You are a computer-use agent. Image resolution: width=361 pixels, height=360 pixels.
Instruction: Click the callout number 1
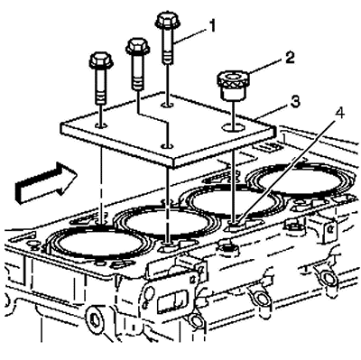click(212, 26)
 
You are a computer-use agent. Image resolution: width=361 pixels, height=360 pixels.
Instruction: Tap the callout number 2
click(289, 58)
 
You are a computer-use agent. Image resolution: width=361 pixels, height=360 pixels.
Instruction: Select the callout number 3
click(295, 102)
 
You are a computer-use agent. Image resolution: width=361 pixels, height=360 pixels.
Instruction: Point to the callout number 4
click(340, 113)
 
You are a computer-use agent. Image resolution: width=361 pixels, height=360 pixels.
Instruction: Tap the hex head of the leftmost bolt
click(101, 60)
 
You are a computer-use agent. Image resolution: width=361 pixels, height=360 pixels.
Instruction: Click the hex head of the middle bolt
click(138, 45)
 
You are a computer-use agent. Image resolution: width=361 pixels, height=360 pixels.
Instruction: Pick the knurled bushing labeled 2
click(232, 85)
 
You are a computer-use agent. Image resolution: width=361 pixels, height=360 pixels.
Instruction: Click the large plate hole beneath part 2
click(233, 127)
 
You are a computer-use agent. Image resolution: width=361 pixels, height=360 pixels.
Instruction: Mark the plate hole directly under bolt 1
click(167, 105)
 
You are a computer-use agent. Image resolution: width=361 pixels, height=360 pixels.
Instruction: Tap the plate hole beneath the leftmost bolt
click(101, 125)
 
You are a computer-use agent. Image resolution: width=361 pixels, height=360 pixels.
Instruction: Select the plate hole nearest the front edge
click(167, 146)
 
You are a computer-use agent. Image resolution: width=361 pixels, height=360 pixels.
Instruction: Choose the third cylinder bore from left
click(233, 200)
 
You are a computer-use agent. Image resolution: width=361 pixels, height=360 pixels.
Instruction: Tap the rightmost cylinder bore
click(299, 180)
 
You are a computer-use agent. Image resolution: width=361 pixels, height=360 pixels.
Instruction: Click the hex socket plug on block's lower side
click(94, 318)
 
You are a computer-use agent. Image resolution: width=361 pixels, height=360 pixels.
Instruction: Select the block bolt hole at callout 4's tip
click(234, 224)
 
